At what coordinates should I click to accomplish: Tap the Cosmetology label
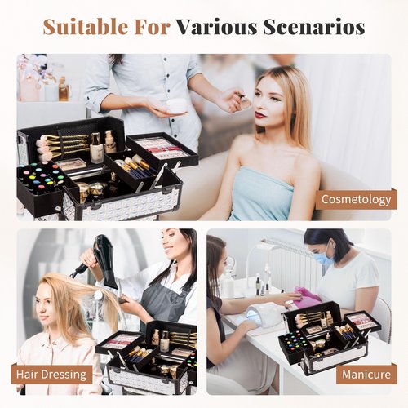pos(356,199)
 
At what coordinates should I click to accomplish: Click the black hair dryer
pos(102,260)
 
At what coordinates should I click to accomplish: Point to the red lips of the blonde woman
pos(262,115)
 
